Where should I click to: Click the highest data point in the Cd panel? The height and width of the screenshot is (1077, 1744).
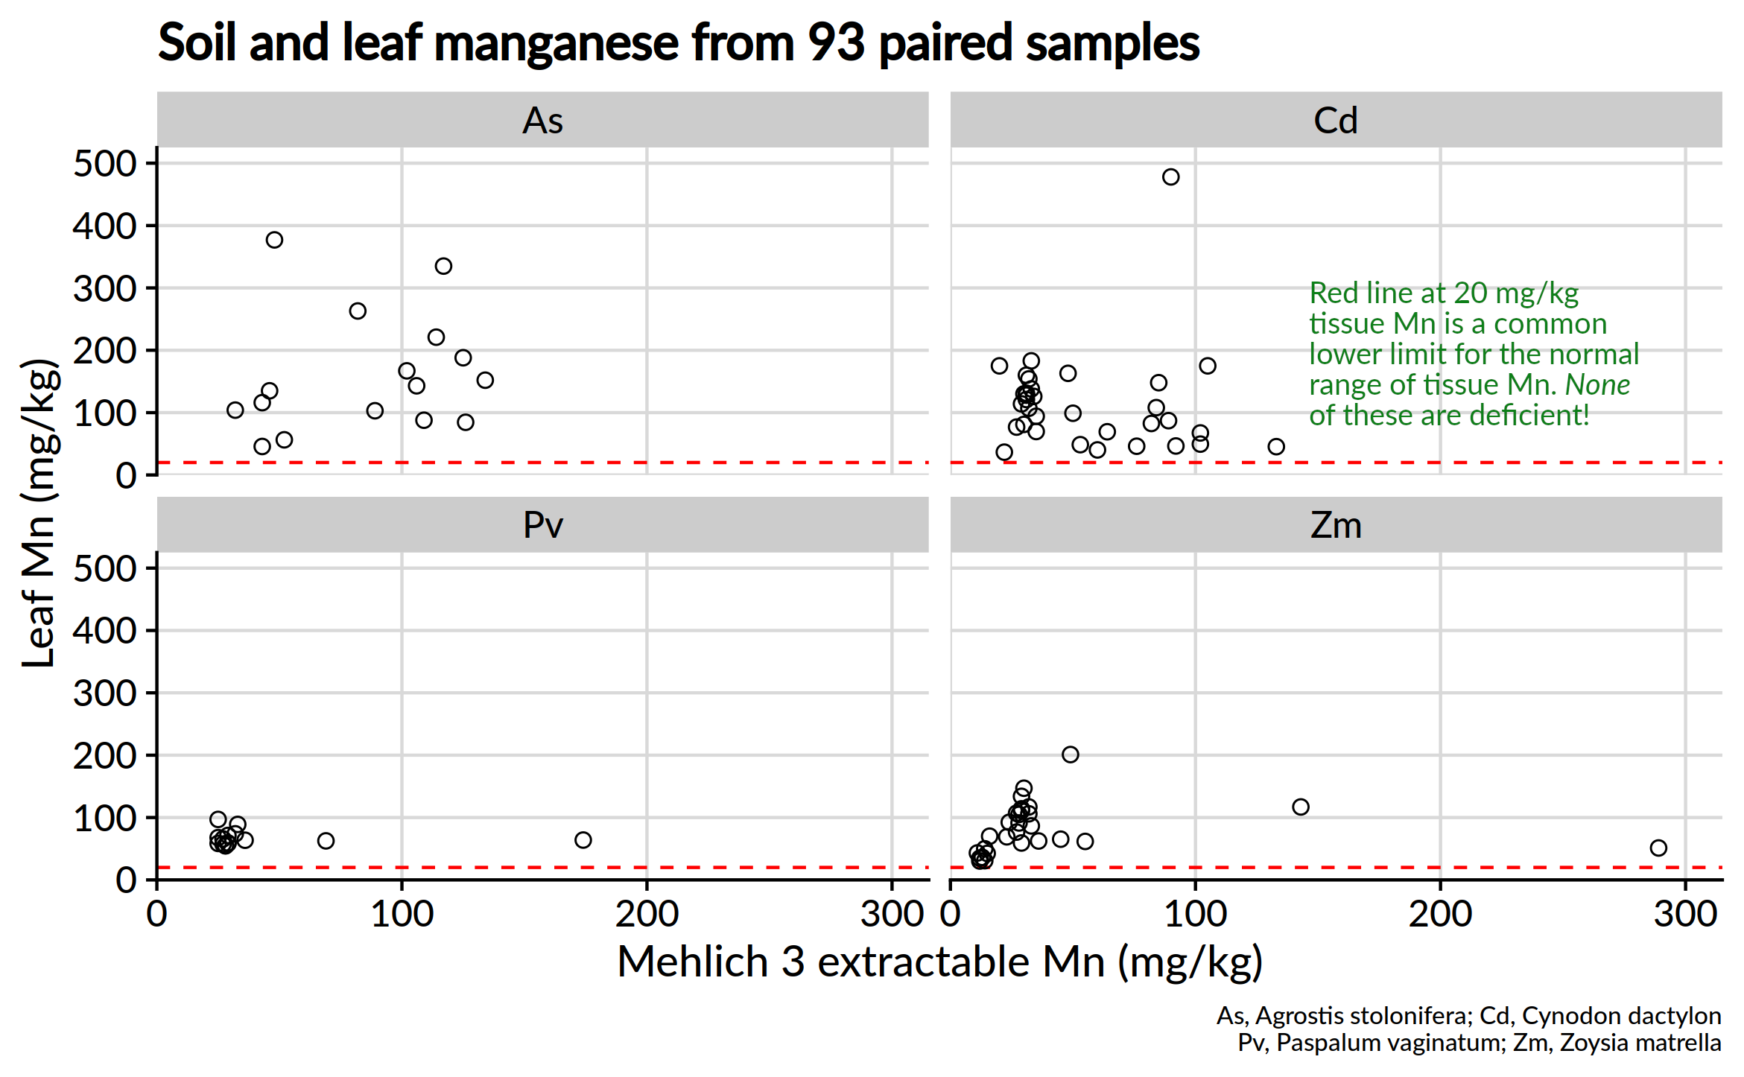(1170, 177)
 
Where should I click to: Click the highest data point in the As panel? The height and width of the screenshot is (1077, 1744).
(274, 240)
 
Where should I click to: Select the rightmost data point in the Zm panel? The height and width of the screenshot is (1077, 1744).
(1658, 848)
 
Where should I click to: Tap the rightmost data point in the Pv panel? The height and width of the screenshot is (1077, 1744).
(583, 840)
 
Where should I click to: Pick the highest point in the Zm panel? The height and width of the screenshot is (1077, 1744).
(1070, 754)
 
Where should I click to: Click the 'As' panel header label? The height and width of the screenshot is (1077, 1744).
(542, 121)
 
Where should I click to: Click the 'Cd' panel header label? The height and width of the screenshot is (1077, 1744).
(1335, 121)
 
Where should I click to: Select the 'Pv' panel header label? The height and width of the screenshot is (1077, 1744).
(542, 526)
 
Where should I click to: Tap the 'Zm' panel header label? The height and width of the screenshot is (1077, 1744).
(1335, 526)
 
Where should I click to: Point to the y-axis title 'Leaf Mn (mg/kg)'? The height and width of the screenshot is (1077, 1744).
(39, 514)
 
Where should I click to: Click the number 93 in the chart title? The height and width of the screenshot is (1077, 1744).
(836, 43)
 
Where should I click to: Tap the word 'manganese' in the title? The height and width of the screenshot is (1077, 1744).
(556, 43)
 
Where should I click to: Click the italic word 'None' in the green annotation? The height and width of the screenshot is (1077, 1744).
(1597, 385)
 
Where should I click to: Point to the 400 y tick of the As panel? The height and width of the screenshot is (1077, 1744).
(104, 226)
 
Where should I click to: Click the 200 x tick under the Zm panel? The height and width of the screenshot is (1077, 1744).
(1440, 914)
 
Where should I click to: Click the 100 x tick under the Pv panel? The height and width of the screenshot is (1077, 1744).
(402, 914)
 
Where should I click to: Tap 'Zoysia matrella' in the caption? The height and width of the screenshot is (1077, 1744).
(1640, 1043)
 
